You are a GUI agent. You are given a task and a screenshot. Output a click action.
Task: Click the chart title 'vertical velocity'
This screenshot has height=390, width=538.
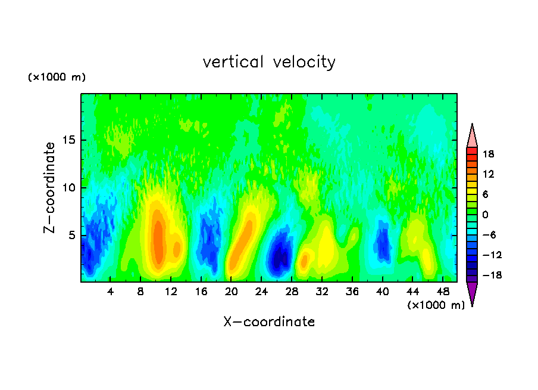[x=269, y=62]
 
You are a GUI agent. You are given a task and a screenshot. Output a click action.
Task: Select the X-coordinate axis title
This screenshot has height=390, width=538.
[x=269, y=322]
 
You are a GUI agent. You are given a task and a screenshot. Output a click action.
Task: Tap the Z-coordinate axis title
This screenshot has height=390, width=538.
[x=51, y=187]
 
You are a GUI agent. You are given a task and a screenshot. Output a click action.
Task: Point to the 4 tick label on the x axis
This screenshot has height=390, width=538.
[x=111, y=292]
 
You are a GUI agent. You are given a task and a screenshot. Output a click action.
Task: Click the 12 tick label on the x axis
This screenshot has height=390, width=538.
[x=171, y=292]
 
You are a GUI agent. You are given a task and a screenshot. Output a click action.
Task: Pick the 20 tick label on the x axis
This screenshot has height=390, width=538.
[x=232, y=292]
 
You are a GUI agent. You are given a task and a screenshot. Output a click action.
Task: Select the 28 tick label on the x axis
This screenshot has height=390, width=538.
[x=292, y=292]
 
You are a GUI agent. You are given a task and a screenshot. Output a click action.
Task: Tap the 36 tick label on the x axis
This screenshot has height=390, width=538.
[x=352, y=292]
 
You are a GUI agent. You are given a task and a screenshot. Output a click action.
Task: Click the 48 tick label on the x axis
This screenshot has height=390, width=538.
[x=442, y=292]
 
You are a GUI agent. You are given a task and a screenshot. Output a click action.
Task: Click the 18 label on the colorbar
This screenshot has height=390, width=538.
[x=489, y=154]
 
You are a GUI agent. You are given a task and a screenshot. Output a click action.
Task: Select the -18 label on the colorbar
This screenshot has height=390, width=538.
[x=488, y=276]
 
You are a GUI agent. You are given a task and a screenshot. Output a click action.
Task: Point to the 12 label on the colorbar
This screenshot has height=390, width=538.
[x=489, y=174]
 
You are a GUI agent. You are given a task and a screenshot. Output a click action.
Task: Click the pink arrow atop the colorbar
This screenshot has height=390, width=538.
[x=472, y=135]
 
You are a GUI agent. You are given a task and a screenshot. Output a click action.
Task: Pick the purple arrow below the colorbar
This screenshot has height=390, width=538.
[x=472, y=293]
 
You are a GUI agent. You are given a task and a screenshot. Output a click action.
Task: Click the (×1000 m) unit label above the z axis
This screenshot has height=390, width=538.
[x=57, y=78]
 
